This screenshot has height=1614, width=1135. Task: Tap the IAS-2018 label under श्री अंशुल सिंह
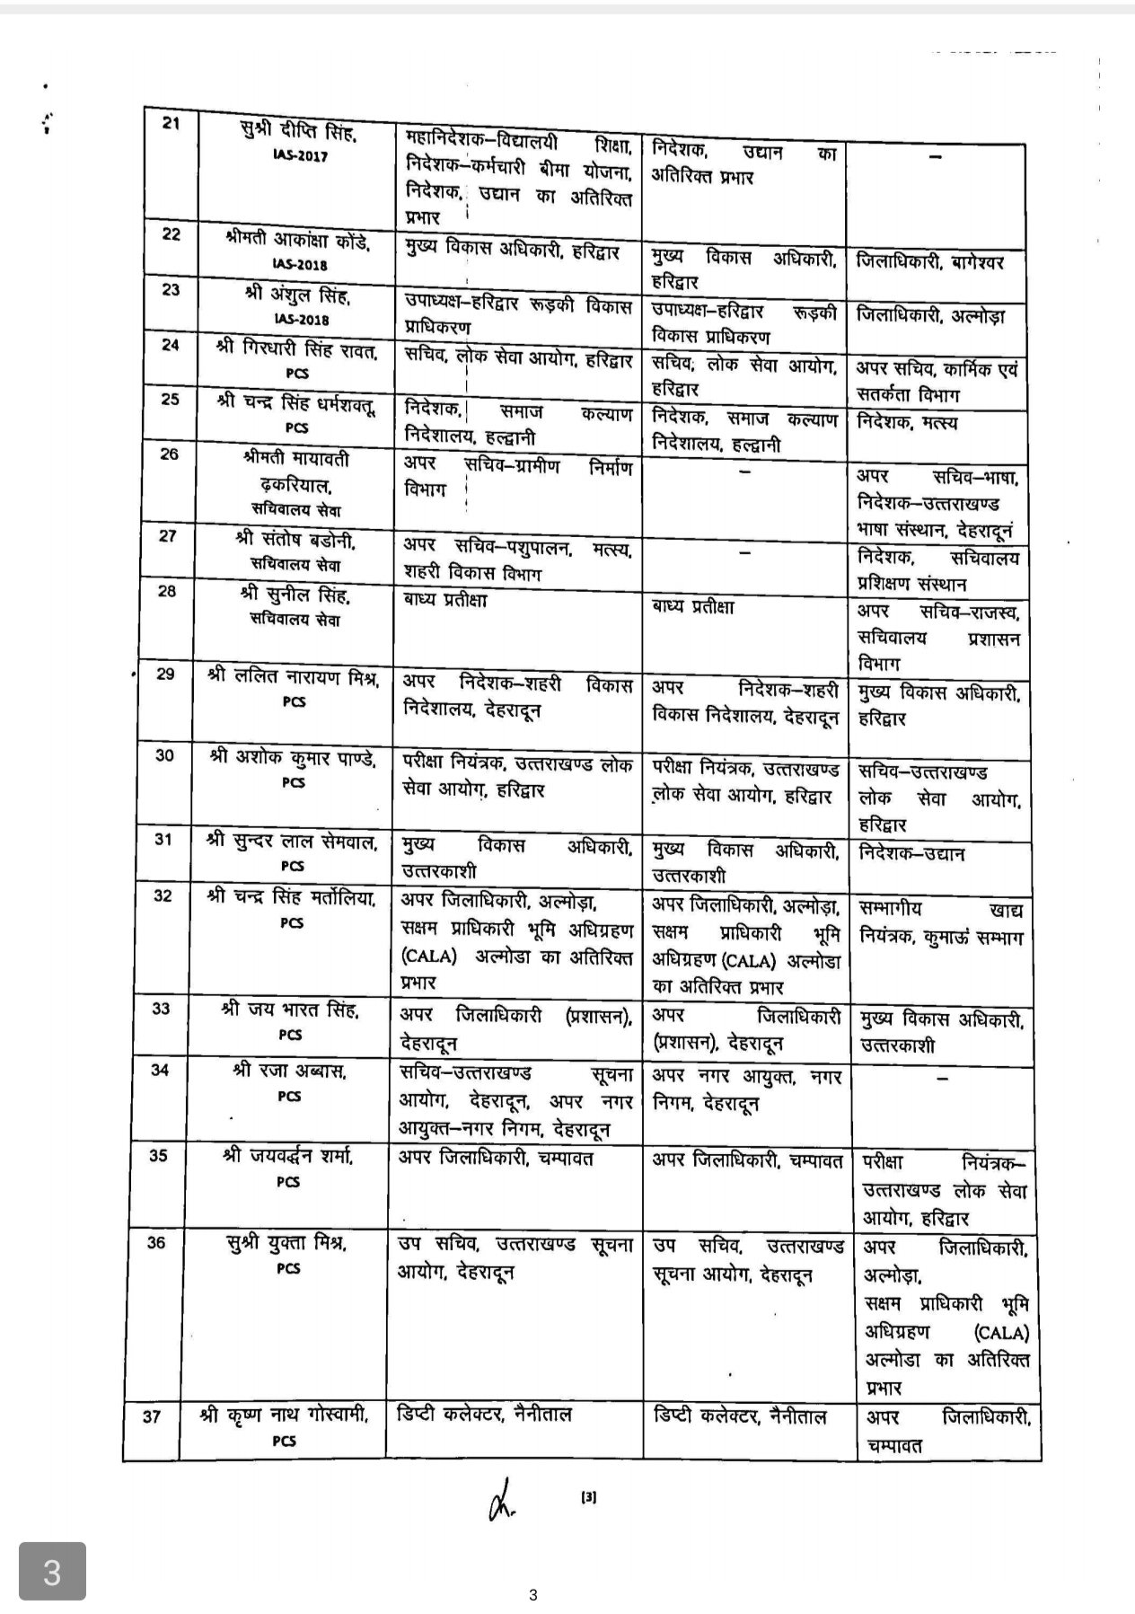click(303, 320)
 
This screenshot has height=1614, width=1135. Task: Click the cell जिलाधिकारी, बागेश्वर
click(930, 262)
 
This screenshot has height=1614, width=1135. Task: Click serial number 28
click(168, 591)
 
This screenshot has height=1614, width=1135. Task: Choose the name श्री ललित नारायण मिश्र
click(293, 677)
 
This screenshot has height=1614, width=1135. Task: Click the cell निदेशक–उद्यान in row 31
click(911, 853)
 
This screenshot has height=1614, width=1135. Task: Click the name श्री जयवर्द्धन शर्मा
click(287, 1157)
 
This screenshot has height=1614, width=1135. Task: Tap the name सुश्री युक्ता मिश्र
click(287, 1244)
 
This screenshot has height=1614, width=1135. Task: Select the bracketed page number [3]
click(589, 1497)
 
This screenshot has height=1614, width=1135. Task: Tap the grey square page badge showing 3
click(53, 1572)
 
